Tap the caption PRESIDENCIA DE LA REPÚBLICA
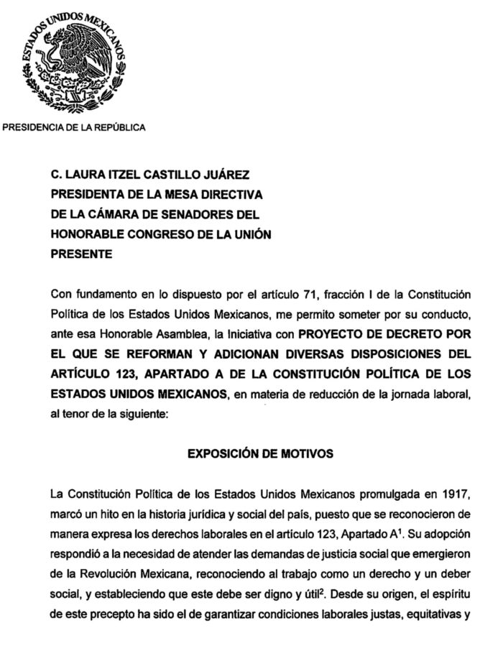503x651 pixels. (x=75, y=128)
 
